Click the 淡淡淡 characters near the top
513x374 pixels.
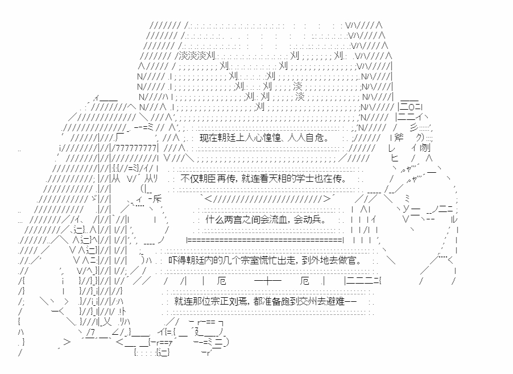(x=193, y=55)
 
